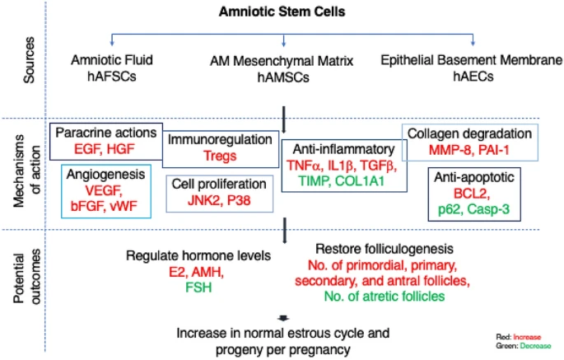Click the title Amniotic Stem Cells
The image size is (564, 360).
click(282, 14)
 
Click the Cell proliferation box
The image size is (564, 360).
click(218, 194)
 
